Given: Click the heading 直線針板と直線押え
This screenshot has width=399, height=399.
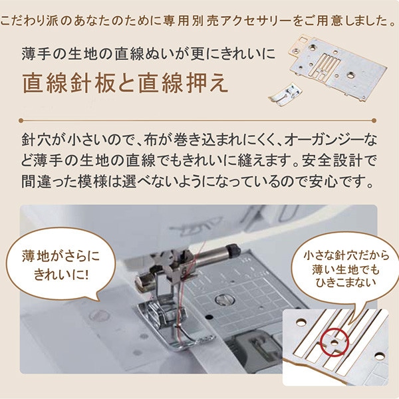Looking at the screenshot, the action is coord(125,83).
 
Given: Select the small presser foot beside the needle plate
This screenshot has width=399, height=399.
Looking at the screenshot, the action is coord(285,94).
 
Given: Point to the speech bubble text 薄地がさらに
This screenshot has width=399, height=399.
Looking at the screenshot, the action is coord(61,256).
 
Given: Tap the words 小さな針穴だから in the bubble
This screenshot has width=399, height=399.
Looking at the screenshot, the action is coord(346,255).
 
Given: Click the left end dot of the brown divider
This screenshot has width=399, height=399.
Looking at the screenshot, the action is coord(21,120).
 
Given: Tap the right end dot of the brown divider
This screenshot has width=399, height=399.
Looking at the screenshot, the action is coord(374,120).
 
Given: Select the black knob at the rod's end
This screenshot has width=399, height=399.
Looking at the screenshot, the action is coord(233,249).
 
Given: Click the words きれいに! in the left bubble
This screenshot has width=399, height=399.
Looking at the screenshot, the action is coord(61,275).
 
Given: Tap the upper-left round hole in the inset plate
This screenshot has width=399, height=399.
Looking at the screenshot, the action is coord(301,323).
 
